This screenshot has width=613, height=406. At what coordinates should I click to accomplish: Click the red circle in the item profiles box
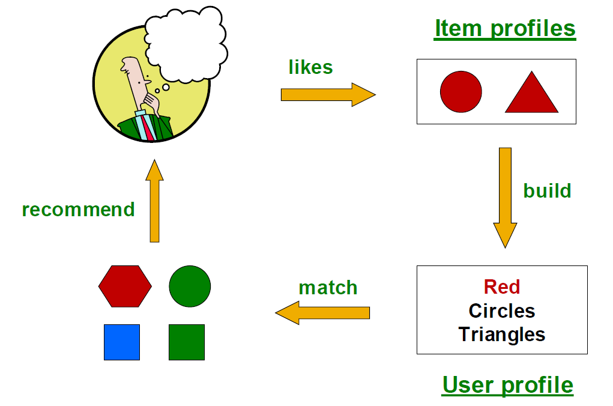tap(461, 92)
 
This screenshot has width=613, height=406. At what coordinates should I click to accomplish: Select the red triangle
tap(531, 96)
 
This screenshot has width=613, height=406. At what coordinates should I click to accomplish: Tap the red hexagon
tap(125, 286)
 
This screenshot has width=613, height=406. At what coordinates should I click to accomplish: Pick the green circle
tap(190, 285)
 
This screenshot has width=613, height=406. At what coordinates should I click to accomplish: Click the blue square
tap(122, 342)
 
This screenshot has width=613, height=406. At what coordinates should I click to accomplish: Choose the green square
tap(187, 342)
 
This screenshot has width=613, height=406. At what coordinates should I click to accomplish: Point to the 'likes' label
tap(310, 67)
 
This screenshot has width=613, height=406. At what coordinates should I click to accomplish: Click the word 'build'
tap(547, 191)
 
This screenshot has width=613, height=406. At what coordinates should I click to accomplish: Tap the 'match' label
tap(328, 288)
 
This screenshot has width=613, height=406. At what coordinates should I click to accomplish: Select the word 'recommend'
tap(78, 210)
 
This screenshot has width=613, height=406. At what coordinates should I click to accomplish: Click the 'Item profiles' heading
tap(504, 28)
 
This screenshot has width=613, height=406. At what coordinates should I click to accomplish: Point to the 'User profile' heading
tap(507, 384)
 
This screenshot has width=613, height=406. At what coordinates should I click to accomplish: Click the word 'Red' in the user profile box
tap(501, 287)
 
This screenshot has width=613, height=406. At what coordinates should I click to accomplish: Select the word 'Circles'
tap(501, 311)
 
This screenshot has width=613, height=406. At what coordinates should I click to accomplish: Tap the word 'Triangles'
tap(501, 334)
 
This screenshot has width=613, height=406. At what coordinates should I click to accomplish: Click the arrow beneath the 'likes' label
tap(327, 94)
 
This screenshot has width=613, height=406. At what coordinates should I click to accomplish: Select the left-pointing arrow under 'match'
tap(322, 313)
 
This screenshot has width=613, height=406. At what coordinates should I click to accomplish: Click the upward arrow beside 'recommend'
tap(155, 201)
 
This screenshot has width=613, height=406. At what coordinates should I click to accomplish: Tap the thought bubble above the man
tap(186, 42)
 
